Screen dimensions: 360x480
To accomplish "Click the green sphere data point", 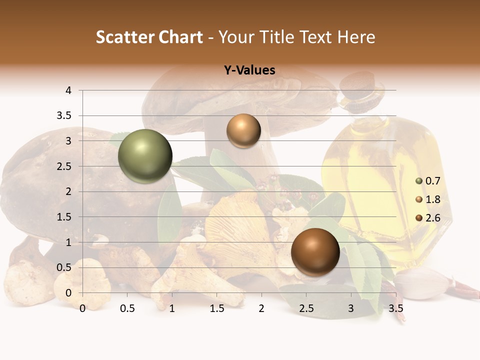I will [145, 156].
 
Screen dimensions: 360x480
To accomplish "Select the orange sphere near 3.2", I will [243, 130].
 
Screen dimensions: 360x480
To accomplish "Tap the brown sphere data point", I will [315, 252].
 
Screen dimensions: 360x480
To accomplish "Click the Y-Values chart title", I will [249, 70].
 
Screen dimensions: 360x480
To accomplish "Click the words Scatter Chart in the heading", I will [149, 37].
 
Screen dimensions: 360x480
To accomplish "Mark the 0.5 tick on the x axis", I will [127, 308].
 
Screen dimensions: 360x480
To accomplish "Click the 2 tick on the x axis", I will [261, 308].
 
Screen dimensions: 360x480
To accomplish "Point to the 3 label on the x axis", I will [351, 308].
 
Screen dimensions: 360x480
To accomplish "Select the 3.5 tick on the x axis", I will [395, 308].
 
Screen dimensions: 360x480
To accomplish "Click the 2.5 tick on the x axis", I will [306, 308].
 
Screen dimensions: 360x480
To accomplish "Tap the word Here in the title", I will [356, 37].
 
